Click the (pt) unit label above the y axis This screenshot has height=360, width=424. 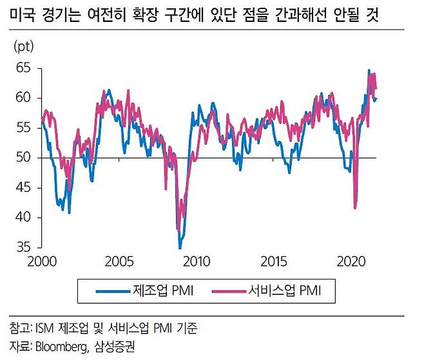pos(23,46)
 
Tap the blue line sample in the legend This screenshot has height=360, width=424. pos(112,292)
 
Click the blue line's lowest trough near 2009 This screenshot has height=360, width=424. pos(180,247)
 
